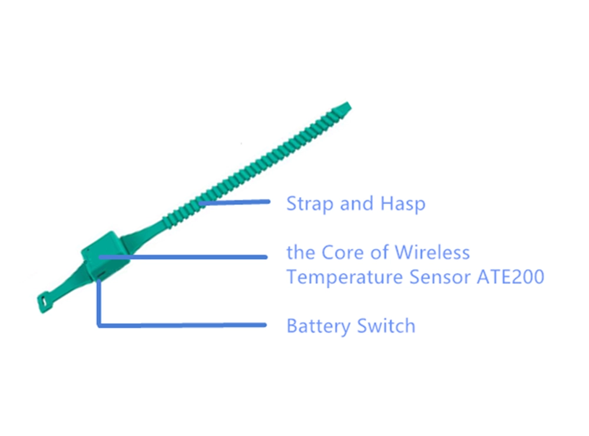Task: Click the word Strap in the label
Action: click(310, 204)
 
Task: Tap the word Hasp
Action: click(403, 204)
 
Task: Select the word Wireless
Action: click(432, 252)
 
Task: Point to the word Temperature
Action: click(345, 278)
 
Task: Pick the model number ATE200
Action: click(511, 277)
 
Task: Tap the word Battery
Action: click(319, 326)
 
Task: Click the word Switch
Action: click(386, 326)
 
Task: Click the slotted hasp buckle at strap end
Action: click(44, 302)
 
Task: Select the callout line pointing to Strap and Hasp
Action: click(234, 202)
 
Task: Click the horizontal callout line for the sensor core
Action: click(183, 257)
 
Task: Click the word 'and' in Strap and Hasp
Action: click(356, 204)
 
